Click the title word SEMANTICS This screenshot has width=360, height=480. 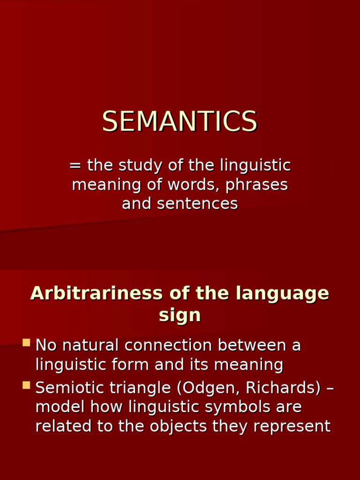(180, 121)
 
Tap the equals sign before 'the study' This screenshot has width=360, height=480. (75, 166)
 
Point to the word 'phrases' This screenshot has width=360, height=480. (256, 185)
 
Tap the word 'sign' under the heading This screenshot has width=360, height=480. (180, 315)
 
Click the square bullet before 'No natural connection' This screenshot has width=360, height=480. (26, 343)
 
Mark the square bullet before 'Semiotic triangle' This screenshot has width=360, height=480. (26, 385)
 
